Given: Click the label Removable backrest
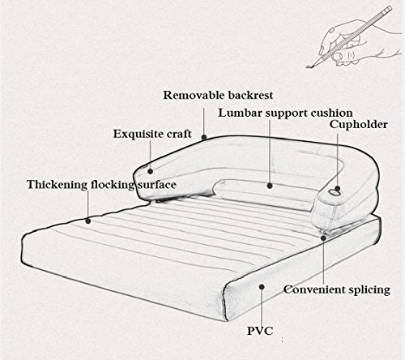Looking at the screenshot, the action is (218, 95).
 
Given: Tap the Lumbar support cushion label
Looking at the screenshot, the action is (285, 113).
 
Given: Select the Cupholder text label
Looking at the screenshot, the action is (359, 125).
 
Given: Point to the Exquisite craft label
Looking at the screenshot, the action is (152, 134).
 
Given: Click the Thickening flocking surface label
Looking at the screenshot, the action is (101, 185).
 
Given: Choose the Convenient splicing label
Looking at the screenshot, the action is (337, 289).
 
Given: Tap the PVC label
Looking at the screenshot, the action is (260, 331).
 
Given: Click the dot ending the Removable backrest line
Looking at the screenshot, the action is (204, 137).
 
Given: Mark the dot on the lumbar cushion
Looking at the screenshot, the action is (270, 186).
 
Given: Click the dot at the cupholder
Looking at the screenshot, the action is (338, 188).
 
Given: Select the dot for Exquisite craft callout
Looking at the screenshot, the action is (151, 171).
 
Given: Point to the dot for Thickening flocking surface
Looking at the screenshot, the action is (88, 221).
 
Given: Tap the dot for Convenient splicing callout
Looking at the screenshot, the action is (323, 238).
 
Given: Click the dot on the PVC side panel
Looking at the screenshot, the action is (262, 286).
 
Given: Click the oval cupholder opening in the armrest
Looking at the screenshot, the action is (334, 192).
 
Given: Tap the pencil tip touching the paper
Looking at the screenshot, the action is (307, 67).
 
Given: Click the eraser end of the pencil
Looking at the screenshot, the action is (388, 8).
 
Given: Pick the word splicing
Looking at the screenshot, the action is (369, 290).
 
